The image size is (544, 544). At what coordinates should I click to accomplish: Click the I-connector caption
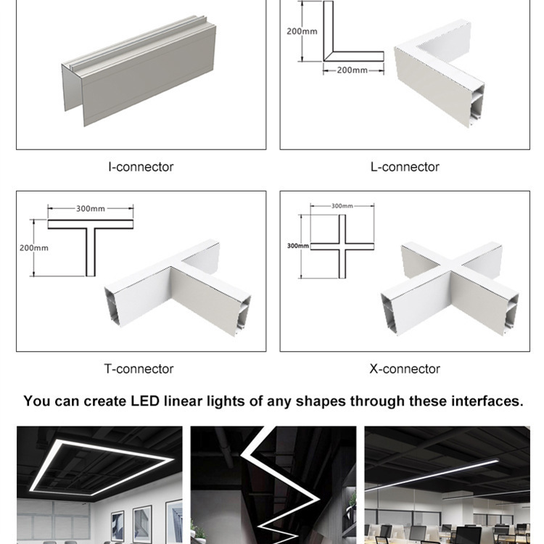(141, 167)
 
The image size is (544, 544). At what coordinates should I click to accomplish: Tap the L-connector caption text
(405, 167)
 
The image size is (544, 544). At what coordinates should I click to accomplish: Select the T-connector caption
(139, 368)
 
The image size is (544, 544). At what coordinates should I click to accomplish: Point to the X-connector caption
(405, 368)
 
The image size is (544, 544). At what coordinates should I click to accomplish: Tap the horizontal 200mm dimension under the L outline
(352, 70)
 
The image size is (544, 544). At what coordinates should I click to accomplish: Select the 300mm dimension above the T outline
(91, 209)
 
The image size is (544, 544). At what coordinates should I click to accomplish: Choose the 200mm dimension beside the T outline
(34, 247)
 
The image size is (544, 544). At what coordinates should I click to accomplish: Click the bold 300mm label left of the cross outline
(297, 246)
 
